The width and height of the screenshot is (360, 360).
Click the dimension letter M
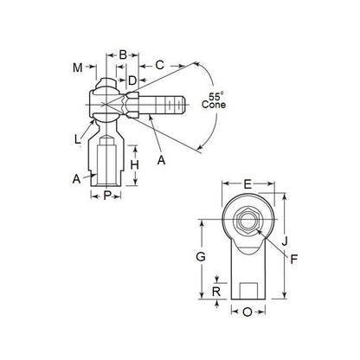click(x=77, y=67)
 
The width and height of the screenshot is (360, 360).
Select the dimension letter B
click(x=123, y=55)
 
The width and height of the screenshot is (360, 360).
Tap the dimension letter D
click(x=132, y=80)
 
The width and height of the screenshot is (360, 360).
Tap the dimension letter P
click(x=107, y=196)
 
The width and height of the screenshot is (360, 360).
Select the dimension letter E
click(x=247, y=184)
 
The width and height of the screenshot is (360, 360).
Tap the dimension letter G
click(x=201, y=257)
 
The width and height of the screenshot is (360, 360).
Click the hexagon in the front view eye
click(x=247, y=221)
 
